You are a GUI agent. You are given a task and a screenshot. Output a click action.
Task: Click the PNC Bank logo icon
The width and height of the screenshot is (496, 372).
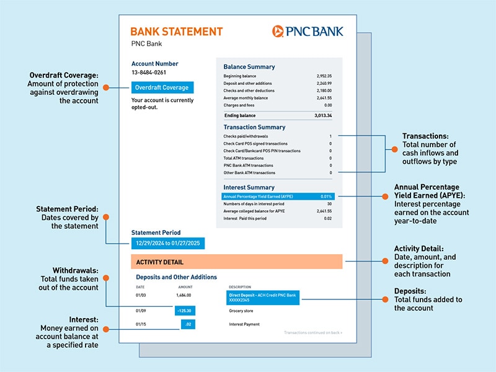point(278,31)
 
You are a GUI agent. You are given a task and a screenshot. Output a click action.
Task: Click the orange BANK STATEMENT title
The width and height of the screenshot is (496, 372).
point(177,32)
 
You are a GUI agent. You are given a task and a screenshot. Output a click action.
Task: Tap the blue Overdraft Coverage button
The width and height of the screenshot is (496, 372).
point(162,88)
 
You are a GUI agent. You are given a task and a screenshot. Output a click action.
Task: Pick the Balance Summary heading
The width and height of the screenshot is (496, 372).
point(249,67)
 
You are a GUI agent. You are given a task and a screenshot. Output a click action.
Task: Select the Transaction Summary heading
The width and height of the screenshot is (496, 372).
point(254,127)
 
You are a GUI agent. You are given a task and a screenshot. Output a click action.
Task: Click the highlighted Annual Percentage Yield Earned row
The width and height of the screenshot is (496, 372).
point(278,196)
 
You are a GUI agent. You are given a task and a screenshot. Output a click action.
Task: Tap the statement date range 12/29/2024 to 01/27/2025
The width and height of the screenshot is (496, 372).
point(167,244)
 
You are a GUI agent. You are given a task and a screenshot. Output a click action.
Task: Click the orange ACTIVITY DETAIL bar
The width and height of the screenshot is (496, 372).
point(236,262)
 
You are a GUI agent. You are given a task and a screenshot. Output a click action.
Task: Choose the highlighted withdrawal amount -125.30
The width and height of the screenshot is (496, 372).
point(185,311)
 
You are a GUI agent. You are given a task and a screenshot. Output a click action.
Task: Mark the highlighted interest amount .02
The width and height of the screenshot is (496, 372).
point(188,324)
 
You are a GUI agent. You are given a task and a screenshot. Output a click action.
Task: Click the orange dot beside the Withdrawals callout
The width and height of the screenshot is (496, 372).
point(105,279)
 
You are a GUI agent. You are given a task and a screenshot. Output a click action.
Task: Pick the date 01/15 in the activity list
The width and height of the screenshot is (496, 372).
point(141,324)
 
